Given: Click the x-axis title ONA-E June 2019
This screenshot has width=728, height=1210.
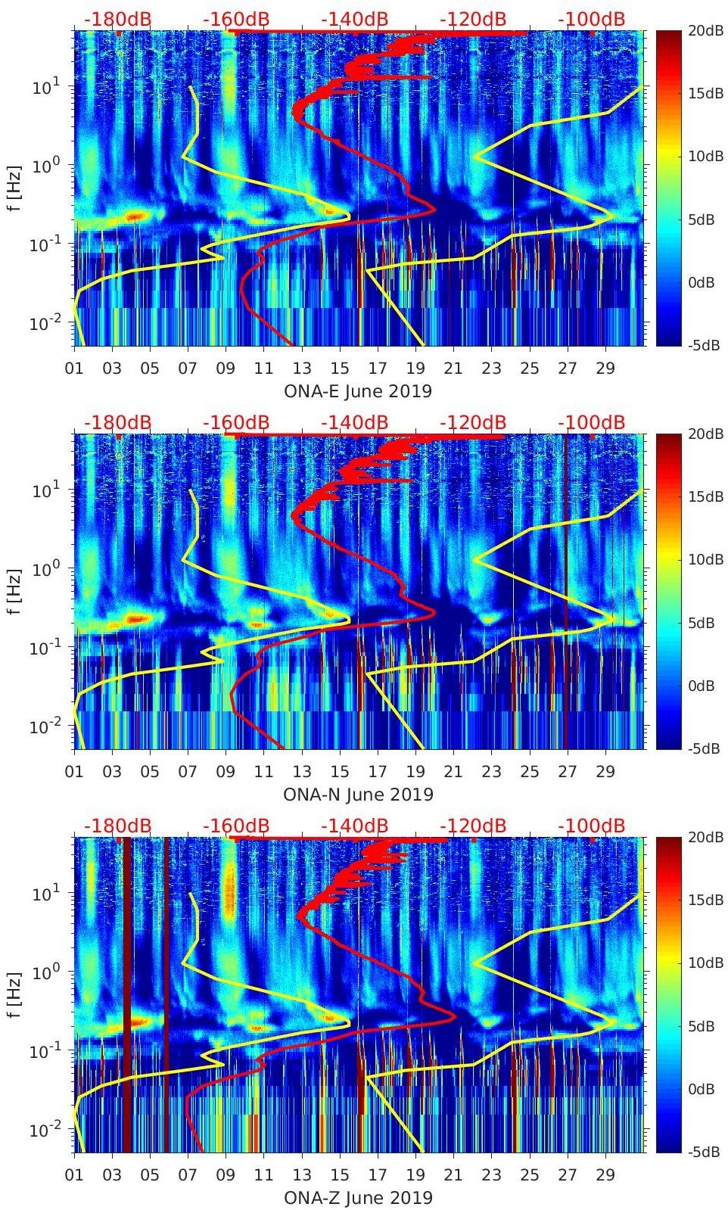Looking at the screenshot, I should tap(358, 391).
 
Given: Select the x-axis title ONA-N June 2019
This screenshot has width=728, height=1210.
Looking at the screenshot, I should tap(358, 795).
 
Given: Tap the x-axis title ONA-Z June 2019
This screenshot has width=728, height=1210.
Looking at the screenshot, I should tap(358, 1198).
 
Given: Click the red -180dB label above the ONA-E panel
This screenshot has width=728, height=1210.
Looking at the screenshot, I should tap(117, 19).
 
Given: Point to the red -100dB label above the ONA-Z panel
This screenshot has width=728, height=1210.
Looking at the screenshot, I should tap(592, 826).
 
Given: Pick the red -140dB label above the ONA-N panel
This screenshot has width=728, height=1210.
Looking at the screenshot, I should tap(355, 422).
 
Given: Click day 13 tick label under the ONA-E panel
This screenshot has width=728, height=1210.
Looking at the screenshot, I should tap(302, 369).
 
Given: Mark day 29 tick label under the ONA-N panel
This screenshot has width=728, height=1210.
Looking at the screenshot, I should tap(605, 772).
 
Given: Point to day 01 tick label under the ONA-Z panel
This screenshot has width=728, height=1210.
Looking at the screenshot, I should tap(74, 1175).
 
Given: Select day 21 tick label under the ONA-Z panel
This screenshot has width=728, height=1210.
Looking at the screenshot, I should tap(453, 1175).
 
